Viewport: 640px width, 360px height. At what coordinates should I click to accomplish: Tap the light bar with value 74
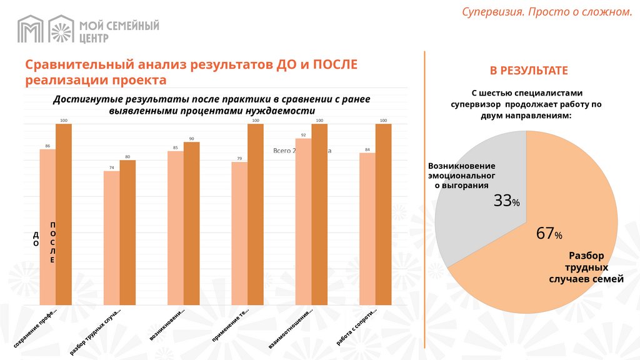111,238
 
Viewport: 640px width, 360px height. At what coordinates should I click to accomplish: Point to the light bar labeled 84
367,229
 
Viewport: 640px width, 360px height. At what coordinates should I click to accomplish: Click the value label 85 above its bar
176,147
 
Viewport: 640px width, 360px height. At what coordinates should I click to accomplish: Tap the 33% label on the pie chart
507,201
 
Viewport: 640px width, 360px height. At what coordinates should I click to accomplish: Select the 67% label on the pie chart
549,234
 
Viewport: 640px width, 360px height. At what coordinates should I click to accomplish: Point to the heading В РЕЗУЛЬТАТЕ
528,71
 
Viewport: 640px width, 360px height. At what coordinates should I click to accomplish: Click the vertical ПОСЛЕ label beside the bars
53,242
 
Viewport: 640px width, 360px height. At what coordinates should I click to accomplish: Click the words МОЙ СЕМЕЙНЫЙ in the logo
119,26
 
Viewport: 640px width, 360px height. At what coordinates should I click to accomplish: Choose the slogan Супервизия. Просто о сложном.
547,12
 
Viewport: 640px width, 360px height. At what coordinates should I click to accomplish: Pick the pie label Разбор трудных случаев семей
586,267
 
